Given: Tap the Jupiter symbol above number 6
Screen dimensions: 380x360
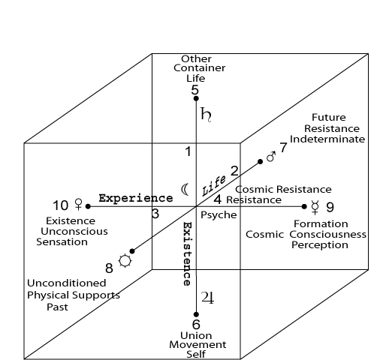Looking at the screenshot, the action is [x=207, y=298].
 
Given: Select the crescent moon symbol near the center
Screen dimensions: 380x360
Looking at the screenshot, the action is [x=184, y=190].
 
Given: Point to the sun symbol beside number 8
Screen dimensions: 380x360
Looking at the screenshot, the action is [x=125, y=261].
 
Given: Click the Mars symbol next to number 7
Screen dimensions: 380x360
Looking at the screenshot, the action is [x=270, y=157].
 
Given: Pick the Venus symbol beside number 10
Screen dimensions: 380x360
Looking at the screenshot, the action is [x=79, y=204].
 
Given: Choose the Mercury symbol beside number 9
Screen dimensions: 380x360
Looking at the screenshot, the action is [x=315, y=208].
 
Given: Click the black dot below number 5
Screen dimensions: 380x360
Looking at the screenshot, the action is [x=196, y=98].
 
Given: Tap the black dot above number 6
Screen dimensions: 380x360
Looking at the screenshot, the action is [x=196, y=314].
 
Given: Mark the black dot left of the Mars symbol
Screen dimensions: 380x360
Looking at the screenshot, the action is [x=260, y=162].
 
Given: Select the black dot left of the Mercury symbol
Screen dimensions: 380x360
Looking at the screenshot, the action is [x=304, y=206].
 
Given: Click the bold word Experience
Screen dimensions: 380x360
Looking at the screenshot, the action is [x=136, y=198].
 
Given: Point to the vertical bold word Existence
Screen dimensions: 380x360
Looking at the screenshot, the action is [x=188, y=253].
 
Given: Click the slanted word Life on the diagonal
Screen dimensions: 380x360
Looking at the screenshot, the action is [x=213, y=185].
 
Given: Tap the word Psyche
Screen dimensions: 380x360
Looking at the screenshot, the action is [x=219, y=215].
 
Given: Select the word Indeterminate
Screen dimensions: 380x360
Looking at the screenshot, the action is [x=327, y=139].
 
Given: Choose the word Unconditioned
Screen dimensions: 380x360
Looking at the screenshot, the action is [x=67, y=283].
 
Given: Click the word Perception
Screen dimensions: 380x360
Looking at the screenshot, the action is [x=320, y=245].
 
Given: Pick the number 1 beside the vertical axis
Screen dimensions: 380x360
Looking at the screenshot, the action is [x=188, y=151].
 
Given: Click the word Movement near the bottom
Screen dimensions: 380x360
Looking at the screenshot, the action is [x=198, y=345].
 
